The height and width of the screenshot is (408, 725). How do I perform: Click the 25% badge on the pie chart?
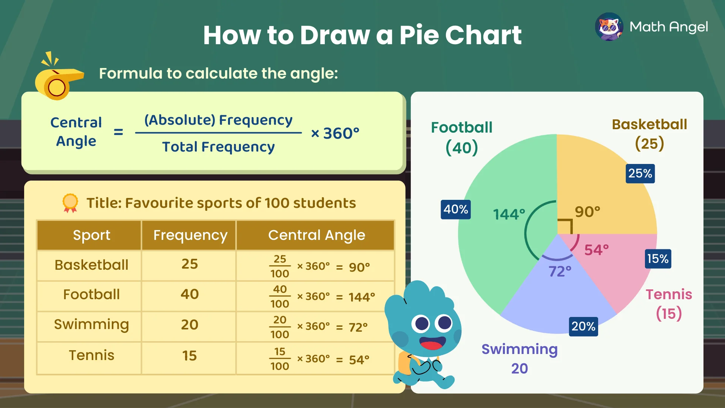(640, 173)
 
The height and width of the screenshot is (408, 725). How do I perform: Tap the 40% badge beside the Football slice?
(456, 209)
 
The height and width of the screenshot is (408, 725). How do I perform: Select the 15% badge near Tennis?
(658, 259)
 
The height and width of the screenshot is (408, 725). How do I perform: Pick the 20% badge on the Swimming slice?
(583, 326)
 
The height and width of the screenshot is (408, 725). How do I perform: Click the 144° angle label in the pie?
(509, 214)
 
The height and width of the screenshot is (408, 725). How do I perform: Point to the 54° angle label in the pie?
(597, 250)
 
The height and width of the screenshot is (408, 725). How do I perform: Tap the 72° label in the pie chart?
(560, 271)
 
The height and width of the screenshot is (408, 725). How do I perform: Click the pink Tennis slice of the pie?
(619, 272)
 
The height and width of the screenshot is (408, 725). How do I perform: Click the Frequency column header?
(190, 235)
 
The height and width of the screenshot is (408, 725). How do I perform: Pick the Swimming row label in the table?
(91, 325)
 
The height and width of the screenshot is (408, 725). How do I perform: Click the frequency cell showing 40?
(190, 294)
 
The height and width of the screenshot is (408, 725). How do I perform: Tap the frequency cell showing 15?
(190, 356)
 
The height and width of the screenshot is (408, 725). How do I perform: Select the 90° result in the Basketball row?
(359, 267)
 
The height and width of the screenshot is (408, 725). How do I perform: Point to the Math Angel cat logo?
(609, 27)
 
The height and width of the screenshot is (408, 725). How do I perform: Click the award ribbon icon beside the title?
(70, 203)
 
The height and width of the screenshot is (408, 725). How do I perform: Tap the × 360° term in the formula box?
(335, 133)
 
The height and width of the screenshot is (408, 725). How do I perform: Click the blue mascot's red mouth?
(431, 345)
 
